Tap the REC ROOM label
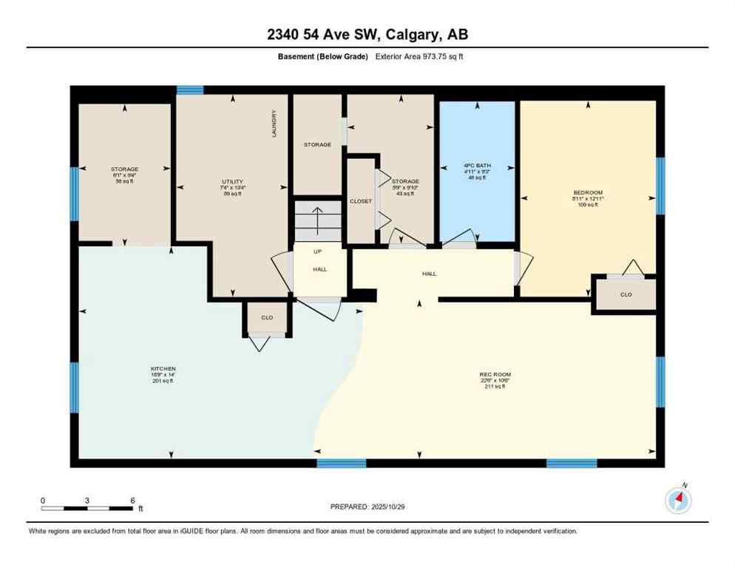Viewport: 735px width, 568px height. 495,374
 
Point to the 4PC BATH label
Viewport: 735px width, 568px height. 477,166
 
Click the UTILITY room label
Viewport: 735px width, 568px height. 232,181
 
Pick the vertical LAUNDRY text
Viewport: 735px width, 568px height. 274,124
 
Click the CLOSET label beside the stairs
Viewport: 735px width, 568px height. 361,201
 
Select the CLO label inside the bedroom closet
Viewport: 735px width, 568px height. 626,294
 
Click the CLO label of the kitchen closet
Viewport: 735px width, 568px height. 267,318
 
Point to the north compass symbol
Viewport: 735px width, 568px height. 678,501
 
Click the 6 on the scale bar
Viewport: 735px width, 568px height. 132,500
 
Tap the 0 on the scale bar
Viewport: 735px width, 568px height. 43,500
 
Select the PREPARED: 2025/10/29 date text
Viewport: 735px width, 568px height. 367,507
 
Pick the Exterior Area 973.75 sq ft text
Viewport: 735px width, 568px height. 420,56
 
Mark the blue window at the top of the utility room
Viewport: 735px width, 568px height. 190,90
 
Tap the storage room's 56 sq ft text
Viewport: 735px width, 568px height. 124,181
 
